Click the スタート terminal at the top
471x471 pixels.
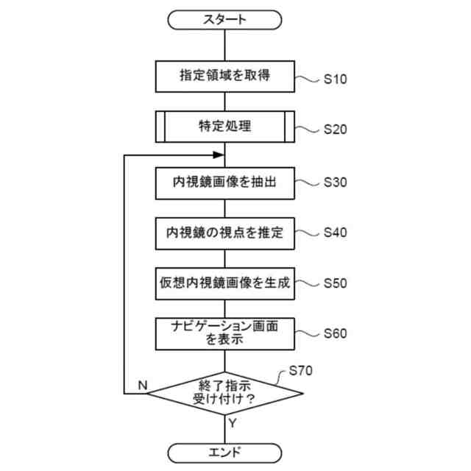[224, 20]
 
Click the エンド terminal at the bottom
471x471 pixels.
[224, 451]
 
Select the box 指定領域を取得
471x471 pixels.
[224, 75]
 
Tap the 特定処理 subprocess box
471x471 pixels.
[224, 126]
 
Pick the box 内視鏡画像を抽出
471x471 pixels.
[224, 183]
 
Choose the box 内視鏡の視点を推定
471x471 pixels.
[224, 233]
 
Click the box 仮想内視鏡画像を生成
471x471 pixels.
[224, 283]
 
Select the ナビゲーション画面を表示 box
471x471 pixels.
[224, 333]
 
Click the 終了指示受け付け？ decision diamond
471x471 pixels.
[224, 393]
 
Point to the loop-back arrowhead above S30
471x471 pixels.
[219, 155]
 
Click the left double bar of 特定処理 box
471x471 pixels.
[160, 126]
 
